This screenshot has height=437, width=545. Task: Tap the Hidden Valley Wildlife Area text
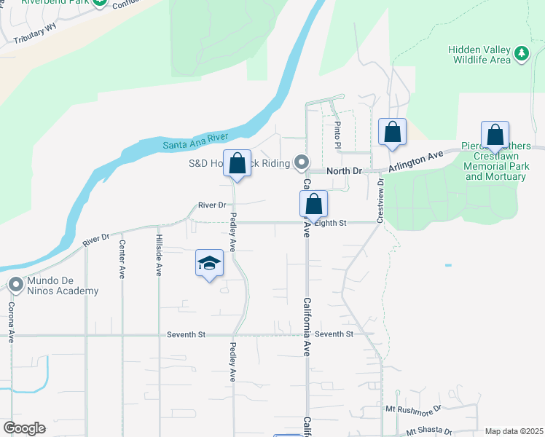click(x=479, y=55)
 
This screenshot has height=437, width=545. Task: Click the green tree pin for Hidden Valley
click(x=521, y=53)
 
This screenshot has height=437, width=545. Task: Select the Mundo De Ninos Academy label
click(x=63, y=286)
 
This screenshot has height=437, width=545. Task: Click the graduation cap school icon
click(x=209, y=263)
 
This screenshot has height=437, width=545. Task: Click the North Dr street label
click(x=345, y=170)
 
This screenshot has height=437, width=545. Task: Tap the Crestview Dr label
click(x=380, y=202)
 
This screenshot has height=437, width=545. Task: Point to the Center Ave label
click(x=122, y=259)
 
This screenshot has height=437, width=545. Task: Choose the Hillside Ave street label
click(x=158, y=255)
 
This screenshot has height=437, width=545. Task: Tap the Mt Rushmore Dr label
click(x=415, y=410)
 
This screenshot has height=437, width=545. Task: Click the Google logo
click(x=24, y=428)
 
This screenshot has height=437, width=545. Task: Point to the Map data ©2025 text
click(x=514, y=431)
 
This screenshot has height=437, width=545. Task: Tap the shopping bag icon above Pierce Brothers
click(x=495, y=135)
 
